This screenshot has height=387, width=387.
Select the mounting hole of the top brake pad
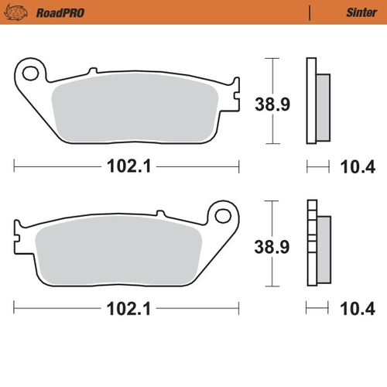(31, 74)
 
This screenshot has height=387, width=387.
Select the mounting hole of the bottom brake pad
(223, 217)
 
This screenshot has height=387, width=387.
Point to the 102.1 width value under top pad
(127, 166)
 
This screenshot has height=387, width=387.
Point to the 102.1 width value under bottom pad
(127, 310)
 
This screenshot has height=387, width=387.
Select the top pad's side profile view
(317, 101)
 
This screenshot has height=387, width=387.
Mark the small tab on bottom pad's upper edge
(160, 213)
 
